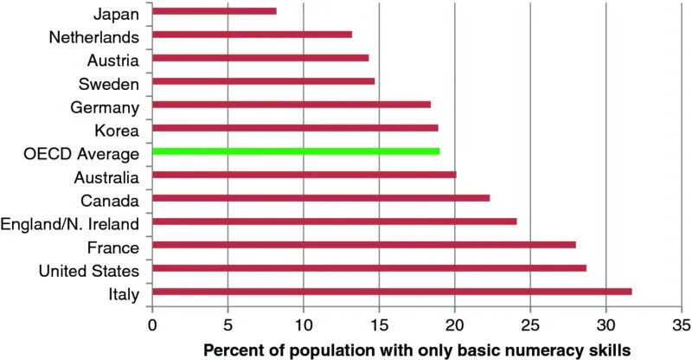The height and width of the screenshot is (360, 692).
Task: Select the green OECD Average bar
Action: point(295,151)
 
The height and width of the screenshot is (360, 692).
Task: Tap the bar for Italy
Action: point(391,292)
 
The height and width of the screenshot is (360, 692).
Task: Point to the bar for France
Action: point(363,245)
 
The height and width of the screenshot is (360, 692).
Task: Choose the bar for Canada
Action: point(320,198)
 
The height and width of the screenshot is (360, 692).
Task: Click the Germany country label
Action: point(107,107)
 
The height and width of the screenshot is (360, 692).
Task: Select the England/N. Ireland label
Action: point(71,224)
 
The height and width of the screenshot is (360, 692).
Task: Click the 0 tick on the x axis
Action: point(152,326)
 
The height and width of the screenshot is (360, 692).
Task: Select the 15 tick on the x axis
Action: point(378,326)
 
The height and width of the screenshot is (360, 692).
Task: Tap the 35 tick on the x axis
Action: point(681,326)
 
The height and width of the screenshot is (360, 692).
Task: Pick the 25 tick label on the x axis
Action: point(529,326)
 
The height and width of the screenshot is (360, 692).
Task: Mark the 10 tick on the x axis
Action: point(303,326)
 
